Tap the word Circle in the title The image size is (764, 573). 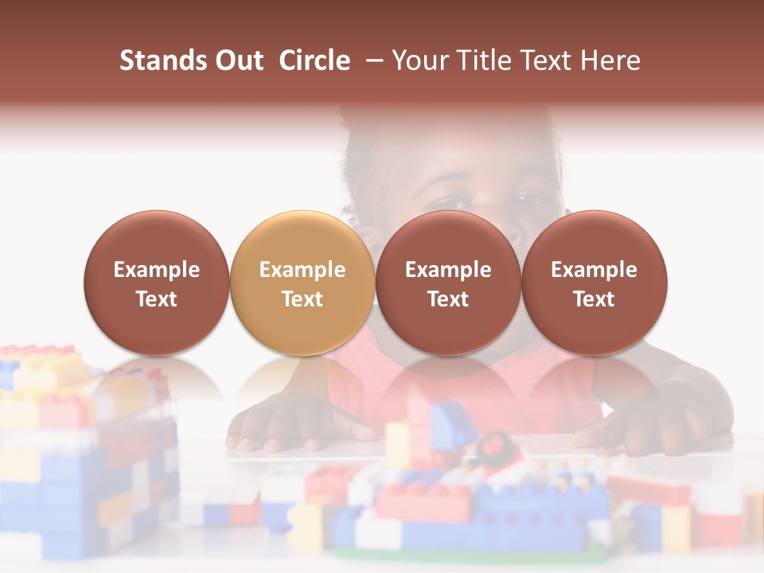[x=314, y=60]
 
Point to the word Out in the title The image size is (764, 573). [x=238, y=60]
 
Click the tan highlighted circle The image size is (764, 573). [x=302, y=283]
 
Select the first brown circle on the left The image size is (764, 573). [x=157, y=283]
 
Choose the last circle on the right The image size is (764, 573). [x=594, y=283]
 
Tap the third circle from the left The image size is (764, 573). [x=448, y=283]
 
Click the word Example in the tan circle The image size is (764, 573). [x=302, y=270]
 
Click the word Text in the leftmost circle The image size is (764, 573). [x=157, y=299]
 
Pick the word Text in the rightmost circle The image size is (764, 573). [x=594, y=299]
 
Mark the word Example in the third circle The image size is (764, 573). [x=448, y=270]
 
